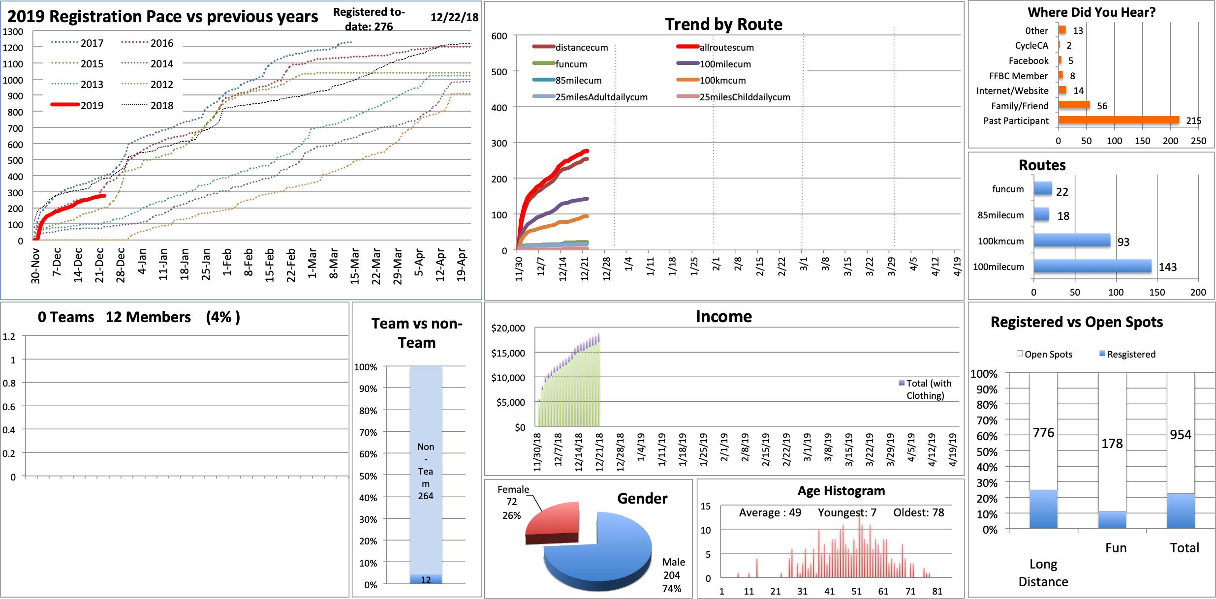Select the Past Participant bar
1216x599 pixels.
pyautogui.click(x=1118, y=120)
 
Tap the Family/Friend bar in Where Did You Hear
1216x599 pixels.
pyautogui.click(x=1074, y=105)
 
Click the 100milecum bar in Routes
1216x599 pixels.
pyautogui.click(x=1092, y=266)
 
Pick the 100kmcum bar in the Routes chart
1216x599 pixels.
pyautogui.click(x=1072, y=240)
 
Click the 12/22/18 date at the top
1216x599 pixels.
pyautogui.click(x=454, y=18)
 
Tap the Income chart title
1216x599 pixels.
pyautogui.click(x=723, y=316)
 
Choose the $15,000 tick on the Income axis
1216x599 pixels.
pyautogui.click(x=508, y=353)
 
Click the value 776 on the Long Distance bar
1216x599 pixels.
pyautogui.click(x=1043, y=433)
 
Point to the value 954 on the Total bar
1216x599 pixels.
pyautogui.click(x=1180, y=435)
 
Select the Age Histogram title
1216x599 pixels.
pyautogui.click(x=841, y=491)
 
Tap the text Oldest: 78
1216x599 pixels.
pyautogui.click(x=918, y=512)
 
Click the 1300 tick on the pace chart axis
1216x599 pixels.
pyautogui.click(x=13, y=31)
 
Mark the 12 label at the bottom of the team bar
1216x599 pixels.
pyautogui.click(x=426, y=580)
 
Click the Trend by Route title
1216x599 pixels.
pyautogui.click(x=723, y=24)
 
